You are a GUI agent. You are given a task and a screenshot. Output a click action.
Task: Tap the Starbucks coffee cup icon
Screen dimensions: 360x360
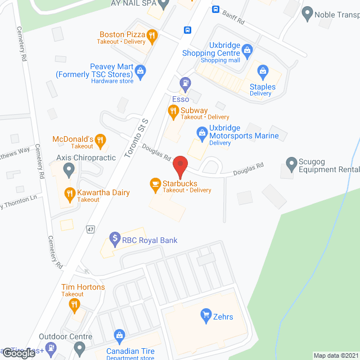[x=154, y=183]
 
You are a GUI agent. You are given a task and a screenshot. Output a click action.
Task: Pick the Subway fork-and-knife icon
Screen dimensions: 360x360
[x=173, y=111]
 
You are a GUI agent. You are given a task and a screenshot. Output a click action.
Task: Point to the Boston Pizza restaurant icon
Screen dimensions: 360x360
[x=152, y=35]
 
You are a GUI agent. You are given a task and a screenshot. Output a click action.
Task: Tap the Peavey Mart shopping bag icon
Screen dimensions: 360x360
[x=141, y=70]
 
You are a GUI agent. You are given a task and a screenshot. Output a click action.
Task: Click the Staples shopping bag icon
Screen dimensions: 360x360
[x=262, y=71]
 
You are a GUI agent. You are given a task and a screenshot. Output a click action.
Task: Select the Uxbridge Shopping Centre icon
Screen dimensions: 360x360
[x=248, y=49]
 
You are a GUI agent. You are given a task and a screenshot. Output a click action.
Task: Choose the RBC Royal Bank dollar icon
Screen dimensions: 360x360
[x=115, y=240]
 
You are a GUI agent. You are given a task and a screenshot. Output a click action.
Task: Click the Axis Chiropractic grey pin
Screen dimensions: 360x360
[x=69, y=168]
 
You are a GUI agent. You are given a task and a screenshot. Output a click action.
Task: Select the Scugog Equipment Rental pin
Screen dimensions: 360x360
[x=291, y=164]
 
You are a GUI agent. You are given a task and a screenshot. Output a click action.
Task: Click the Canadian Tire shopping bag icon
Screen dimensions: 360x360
[x=119, y=336]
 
